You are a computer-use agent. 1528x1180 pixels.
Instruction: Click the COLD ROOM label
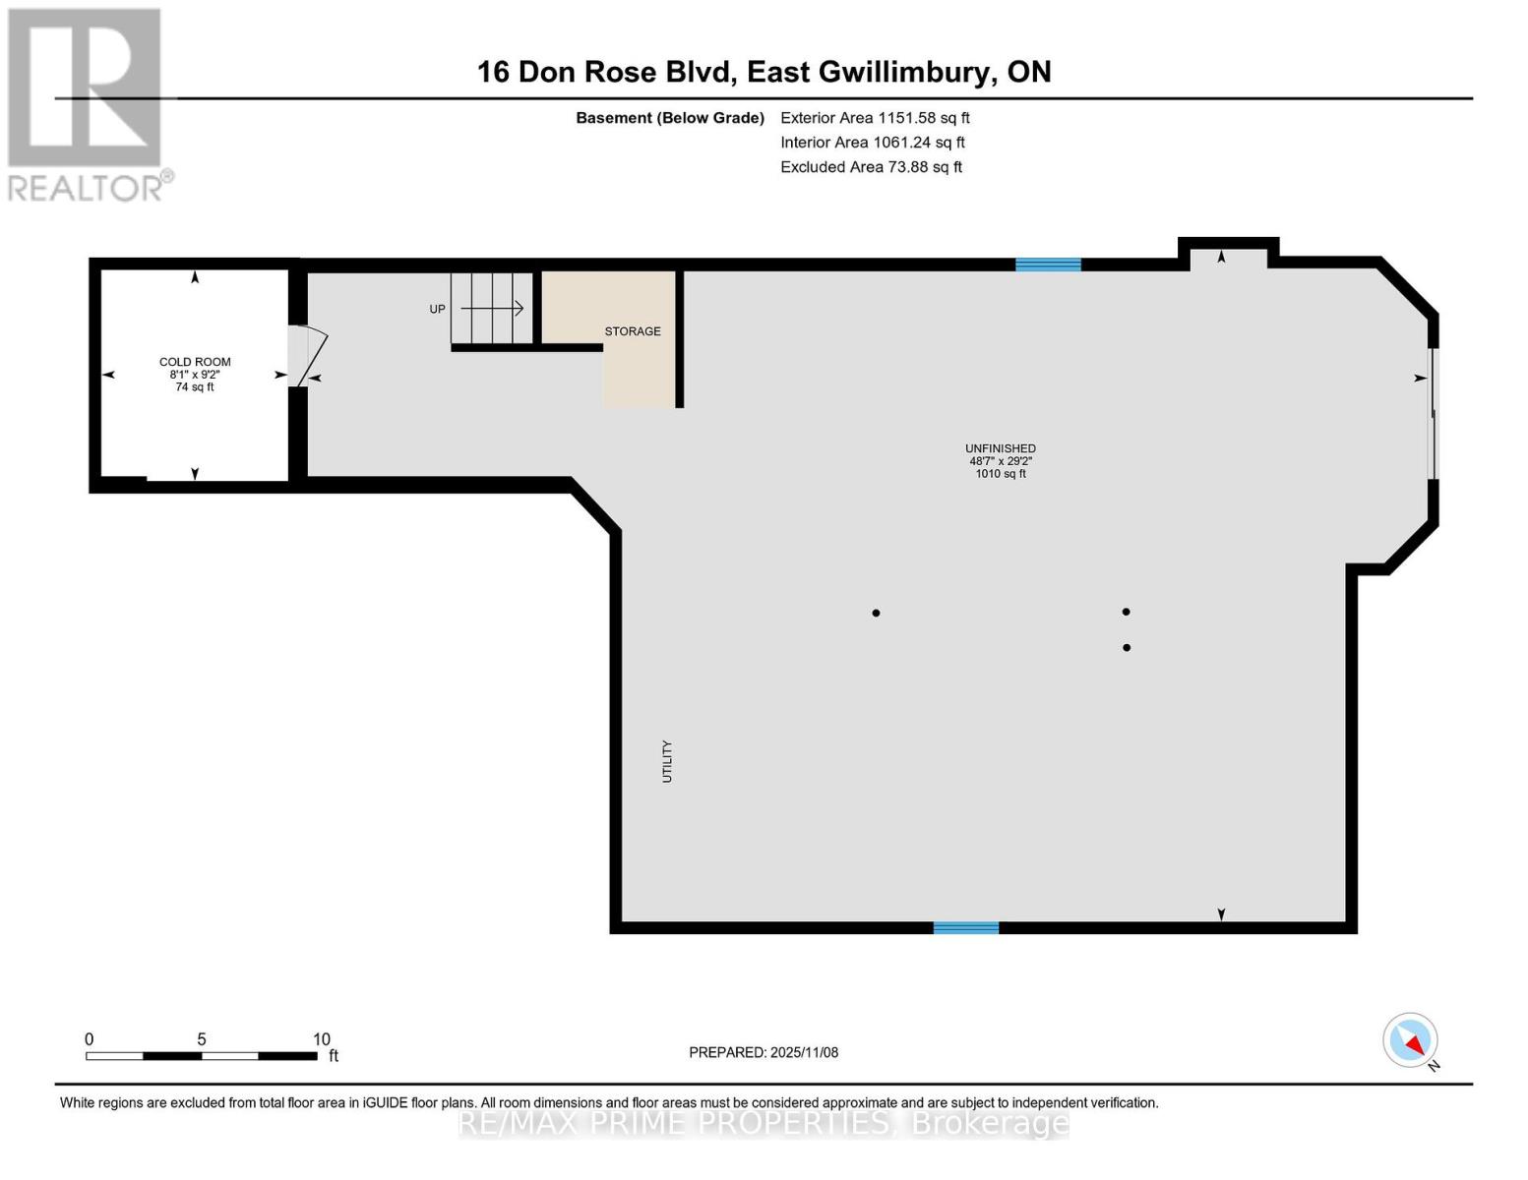[x=195, y=362]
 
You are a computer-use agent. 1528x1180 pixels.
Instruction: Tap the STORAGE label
[x=632, y=331]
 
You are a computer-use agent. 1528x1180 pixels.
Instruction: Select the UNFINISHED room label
[x=1000, y=448]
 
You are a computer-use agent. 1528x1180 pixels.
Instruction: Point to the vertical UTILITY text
[x=667, y=761]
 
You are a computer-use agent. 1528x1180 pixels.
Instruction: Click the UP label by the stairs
[x=437, y=309]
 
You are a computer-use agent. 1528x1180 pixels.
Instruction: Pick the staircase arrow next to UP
[x=492, y=308]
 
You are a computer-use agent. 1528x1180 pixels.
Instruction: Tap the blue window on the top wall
[x=1048, y=265]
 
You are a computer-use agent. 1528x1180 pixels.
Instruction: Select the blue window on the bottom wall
[x=965, y=927]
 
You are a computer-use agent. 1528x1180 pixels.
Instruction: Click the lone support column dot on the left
[x=876, y=613]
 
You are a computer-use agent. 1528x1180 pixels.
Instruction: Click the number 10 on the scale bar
[x=321, y=1039]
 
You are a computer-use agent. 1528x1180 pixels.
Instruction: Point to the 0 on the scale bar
[x=90, y=1039]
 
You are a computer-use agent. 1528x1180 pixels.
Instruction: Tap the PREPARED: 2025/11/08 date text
[x=764, y=1052]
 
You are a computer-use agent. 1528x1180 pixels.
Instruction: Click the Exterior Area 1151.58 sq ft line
[x=875, y=117]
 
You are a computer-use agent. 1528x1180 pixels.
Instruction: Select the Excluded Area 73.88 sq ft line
[x=871, y=167]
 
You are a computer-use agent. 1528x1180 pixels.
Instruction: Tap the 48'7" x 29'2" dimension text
[x=1000, y=461]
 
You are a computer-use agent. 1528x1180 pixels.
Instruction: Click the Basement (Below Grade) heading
[x=670, y=118]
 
